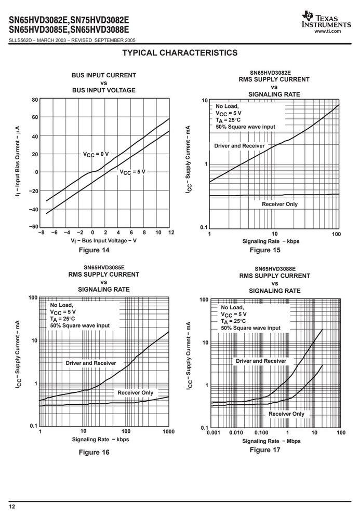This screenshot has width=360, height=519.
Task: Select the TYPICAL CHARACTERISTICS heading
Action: [180, 53]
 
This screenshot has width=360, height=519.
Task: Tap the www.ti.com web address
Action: [328, 31]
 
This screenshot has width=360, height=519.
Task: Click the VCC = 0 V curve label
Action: [96, 154]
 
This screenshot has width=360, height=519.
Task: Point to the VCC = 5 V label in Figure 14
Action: [132, 172]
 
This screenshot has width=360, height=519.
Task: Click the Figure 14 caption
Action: [94, 250]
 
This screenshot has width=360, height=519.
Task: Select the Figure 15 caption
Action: [265, 250]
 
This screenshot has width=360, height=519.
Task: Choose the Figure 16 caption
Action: [94, 452]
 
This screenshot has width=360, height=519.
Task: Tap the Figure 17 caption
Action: [265, 450]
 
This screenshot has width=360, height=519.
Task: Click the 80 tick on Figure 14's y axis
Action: [35, 100]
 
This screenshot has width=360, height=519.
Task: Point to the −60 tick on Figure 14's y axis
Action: [33, 227]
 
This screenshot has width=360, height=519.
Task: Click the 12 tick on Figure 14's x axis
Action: [171, 233]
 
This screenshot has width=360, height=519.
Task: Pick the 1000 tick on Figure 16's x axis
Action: [169, 431]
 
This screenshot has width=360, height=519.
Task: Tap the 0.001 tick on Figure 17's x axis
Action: [214, 432]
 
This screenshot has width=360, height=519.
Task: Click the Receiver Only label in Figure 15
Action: [280, 204]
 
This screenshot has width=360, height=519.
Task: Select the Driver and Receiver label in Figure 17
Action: [261, 361]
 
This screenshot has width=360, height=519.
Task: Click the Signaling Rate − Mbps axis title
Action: [272, 441]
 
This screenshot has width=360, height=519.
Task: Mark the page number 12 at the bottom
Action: [12, 507]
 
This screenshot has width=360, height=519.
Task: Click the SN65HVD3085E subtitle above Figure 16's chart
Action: [104, 267]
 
